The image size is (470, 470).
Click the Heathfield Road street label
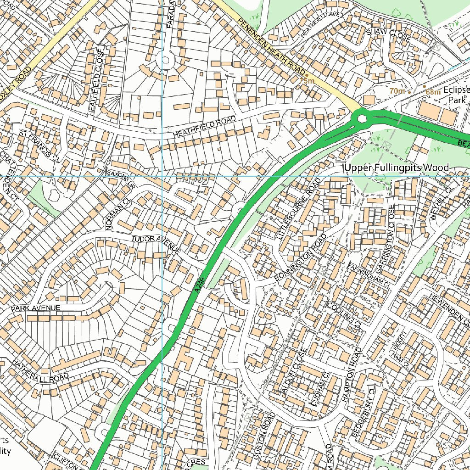pos(204,127)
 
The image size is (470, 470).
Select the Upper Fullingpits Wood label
pos(397,168)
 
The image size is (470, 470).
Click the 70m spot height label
pos(397,91)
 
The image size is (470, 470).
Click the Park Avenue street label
pos(36,308)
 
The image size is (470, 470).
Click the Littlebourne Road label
pos(298,209)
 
